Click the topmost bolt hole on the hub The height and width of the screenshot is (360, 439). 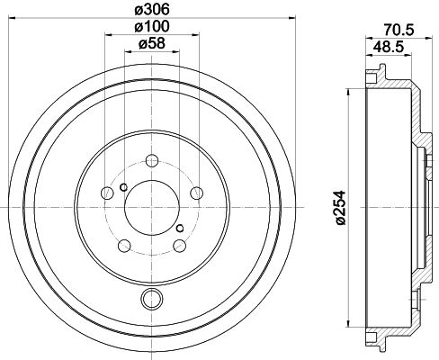coord(150,162)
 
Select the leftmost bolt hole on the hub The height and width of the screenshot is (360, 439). coord(107,193)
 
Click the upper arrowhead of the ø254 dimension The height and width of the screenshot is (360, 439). coord(348,93)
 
